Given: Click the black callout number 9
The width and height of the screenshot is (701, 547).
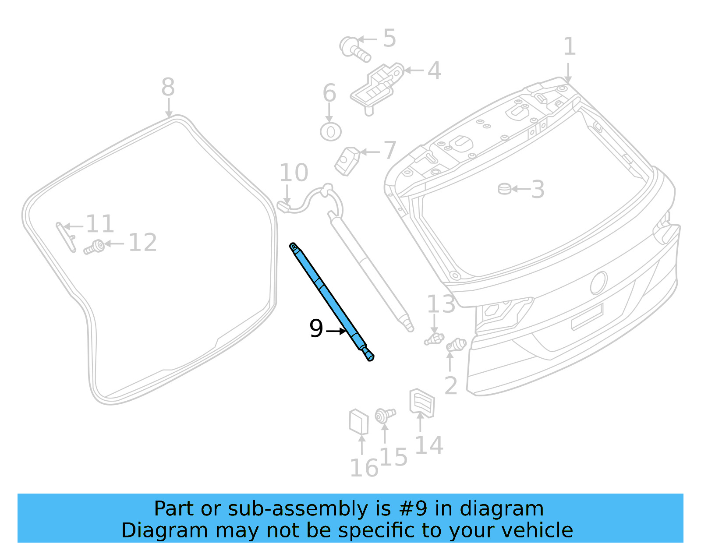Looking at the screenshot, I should [316, 328].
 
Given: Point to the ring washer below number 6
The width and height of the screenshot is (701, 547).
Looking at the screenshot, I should [331, 132].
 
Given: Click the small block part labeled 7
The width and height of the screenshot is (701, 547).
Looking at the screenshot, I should [347, 161].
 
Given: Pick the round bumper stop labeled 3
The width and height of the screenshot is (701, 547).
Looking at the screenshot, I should [504, 189].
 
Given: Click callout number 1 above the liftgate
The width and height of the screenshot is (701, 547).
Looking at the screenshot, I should [569, 46].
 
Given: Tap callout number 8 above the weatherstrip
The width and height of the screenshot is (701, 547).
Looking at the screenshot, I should [168, 87].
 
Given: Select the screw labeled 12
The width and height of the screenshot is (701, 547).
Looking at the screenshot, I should [94, 247].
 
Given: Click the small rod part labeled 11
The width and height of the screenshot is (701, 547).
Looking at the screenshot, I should [65, 236].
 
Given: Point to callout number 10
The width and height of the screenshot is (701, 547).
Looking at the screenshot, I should [294, 173].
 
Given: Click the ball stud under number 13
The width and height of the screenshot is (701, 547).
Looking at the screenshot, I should [434, 339].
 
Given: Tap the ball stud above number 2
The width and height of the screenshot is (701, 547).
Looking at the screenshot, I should [456, 345].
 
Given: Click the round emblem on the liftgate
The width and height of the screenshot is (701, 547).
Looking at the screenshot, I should [598, 282].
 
